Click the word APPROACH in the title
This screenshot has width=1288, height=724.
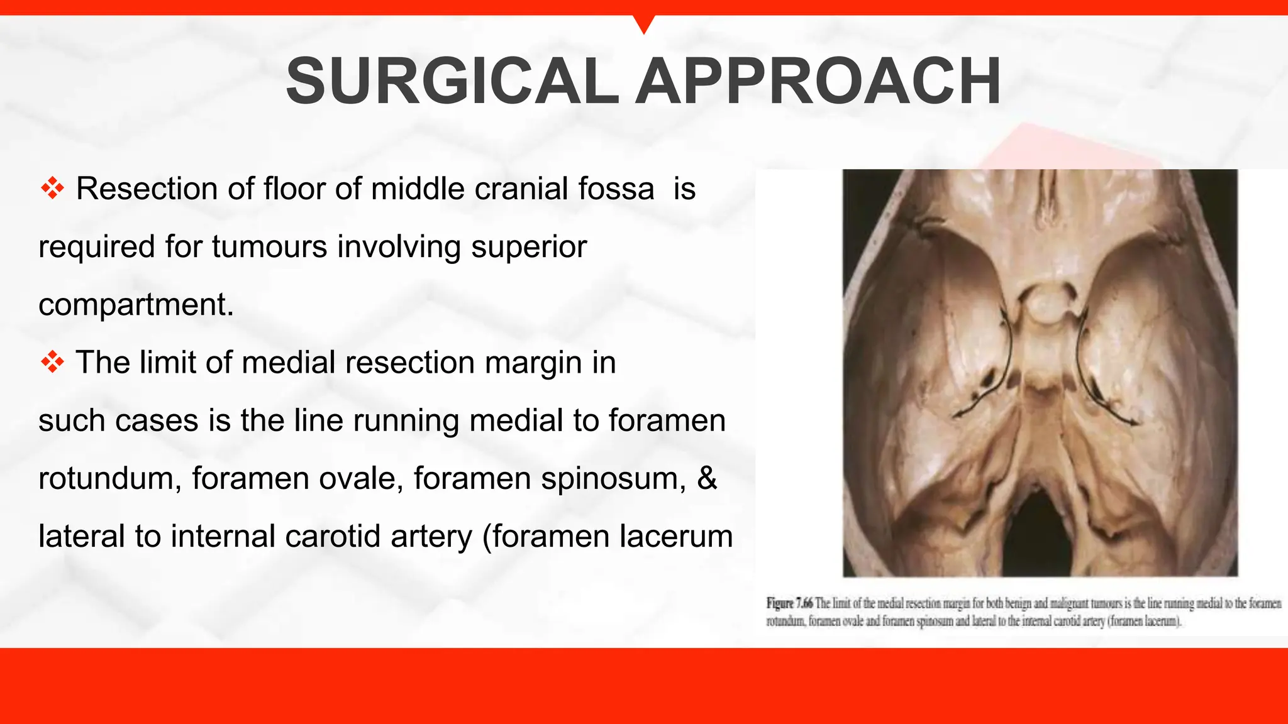(818, 82)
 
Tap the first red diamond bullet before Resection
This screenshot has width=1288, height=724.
(53, 189)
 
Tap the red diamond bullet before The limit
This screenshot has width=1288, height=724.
(53, 363)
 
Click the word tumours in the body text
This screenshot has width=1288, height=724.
(269, 246)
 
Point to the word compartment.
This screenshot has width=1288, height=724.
(136, 305)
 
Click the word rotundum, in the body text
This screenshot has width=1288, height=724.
(110, 478)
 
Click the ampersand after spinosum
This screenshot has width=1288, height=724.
(707, 478)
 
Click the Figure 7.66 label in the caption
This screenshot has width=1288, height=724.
(789, 603)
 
